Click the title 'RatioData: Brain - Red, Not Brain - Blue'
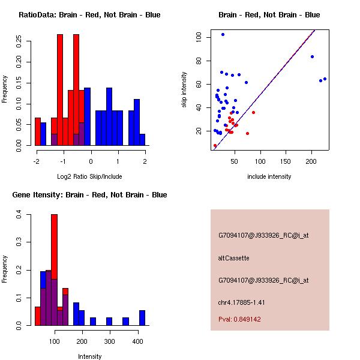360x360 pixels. pos(89,15)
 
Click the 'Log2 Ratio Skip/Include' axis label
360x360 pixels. pos(89,176)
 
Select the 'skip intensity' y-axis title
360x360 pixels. pos(185,90)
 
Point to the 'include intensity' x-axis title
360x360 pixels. pos(269,176)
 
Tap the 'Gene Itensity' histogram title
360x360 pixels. pos(89,195)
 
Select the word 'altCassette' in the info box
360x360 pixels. pos(233,258)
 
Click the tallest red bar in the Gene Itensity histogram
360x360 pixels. pos(54,269)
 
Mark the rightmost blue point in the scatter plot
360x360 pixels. pos(325,79)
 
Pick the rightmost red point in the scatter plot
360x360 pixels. pos(253,113)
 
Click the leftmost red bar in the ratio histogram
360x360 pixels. pos(38,131)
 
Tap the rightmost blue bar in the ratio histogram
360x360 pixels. pos(142,139)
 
